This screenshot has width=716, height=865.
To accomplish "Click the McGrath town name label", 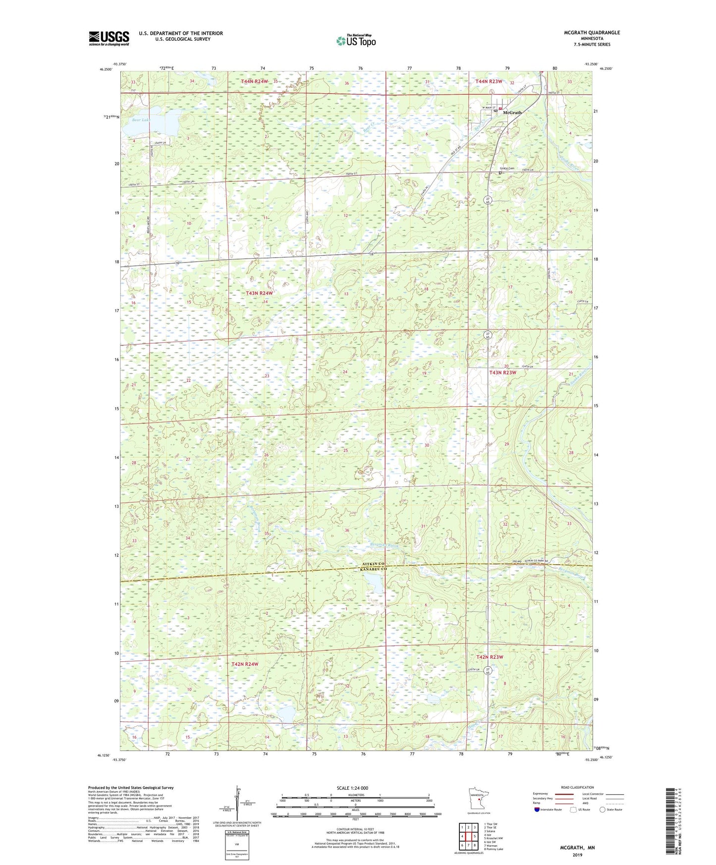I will click(x=512, y=112).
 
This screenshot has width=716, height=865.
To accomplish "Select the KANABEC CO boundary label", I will click(x=373, y=569).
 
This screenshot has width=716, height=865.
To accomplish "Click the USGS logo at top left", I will click(x=109, y=38).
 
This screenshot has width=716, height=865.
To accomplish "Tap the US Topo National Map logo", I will click(x=355, y=40).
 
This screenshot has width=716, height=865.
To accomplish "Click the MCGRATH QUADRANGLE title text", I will click(x=592, y=33).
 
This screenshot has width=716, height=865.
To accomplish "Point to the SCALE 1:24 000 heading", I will click(x=352, y=788).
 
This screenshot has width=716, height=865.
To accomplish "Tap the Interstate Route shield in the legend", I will click(x=537, y=810).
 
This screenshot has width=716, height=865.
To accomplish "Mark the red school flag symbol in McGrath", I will click(x=500, y=108).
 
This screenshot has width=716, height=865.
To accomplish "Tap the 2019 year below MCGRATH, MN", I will click(x=577, y=855).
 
